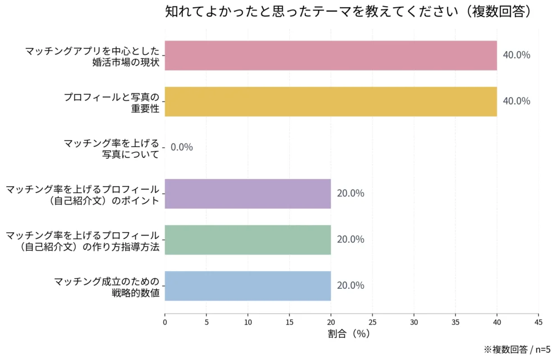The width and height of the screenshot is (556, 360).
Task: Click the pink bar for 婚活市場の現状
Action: pyautogui.click(x=330, y=56)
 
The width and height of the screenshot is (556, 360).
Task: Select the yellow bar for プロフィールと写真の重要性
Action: pyautogui.click(x=330, y=101)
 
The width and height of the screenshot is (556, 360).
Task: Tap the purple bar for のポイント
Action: pyautogui.click(x=247, y=193)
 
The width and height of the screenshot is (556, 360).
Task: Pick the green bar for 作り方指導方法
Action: pyautogui.click(x=247, y=239)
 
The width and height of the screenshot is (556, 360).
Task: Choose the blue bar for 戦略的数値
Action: pyautogui.click(x=247, y=286)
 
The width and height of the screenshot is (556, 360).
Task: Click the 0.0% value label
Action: pyautogui.click(x=182, y=147)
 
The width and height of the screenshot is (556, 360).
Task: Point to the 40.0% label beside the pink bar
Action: pyautogui.click(x=516, y=56)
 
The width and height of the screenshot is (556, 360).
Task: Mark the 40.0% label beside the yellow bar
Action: pyautogui.click(x=516, y=101)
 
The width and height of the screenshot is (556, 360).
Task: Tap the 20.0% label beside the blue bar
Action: pyautogui.click(x=350, y=286)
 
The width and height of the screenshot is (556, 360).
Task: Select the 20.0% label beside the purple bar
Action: pyautogui.click(x=350, y=193)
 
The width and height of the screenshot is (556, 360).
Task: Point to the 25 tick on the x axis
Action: pyautogui.click(x=372, y=322)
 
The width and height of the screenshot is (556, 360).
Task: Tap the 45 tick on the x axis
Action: pyautogui.click(x=538, y=322)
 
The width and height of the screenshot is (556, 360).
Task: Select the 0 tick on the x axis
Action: pyautogui.click(x=165, y=322)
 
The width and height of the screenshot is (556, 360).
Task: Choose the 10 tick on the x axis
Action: pyautogui.click(x=247, y=322)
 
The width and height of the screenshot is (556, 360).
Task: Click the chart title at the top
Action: pyautogui.click(x=348, y=12)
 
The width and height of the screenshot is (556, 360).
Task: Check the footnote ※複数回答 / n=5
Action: pyautogui.click(x=517, y=349)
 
